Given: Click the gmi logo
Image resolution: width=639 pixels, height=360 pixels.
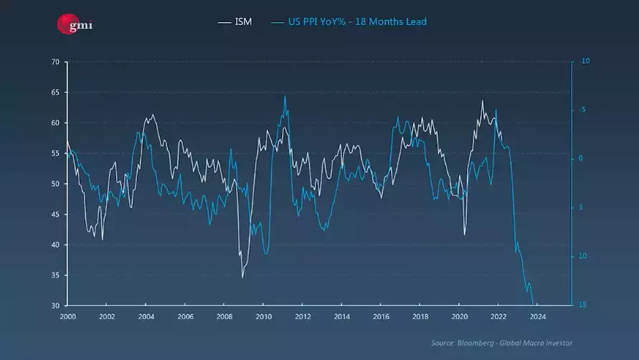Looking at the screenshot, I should pos(75,25).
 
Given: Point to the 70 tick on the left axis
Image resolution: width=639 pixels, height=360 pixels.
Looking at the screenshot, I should pos(55,62).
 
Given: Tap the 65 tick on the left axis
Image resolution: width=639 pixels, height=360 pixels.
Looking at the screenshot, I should pos(55,93).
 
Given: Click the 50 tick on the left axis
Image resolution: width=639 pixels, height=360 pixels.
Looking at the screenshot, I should pos(55,184).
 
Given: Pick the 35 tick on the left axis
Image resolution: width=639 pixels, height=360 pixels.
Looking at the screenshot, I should pos(55,275).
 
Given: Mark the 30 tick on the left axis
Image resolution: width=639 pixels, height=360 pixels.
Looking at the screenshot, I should pos(55,305).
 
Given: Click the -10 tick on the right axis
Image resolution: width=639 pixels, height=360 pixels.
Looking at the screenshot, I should pos(584,62).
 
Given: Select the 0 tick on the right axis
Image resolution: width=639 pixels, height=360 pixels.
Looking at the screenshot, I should pos(582,158).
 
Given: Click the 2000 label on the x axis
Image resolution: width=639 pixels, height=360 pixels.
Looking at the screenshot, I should pos(67,316).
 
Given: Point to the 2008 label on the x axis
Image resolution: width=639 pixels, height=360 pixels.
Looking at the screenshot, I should pos(224,316).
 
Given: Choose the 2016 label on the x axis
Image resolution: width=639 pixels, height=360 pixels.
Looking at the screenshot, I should pos(382,316).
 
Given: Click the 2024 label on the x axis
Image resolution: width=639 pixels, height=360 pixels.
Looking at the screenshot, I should pos(539,316).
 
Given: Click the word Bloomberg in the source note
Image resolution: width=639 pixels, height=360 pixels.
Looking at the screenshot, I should pos(473,343).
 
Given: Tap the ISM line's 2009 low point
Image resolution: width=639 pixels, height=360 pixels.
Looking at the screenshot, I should pos(242,277).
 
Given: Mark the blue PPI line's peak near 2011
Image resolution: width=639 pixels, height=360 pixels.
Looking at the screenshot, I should pos(285,96).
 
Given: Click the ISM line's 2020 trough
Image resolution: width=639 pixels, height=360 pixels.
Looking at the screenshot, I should pos(464,235).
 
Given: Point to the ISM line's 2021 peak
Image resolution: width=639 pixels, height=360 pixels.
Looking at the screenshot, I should pos(482,100).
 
